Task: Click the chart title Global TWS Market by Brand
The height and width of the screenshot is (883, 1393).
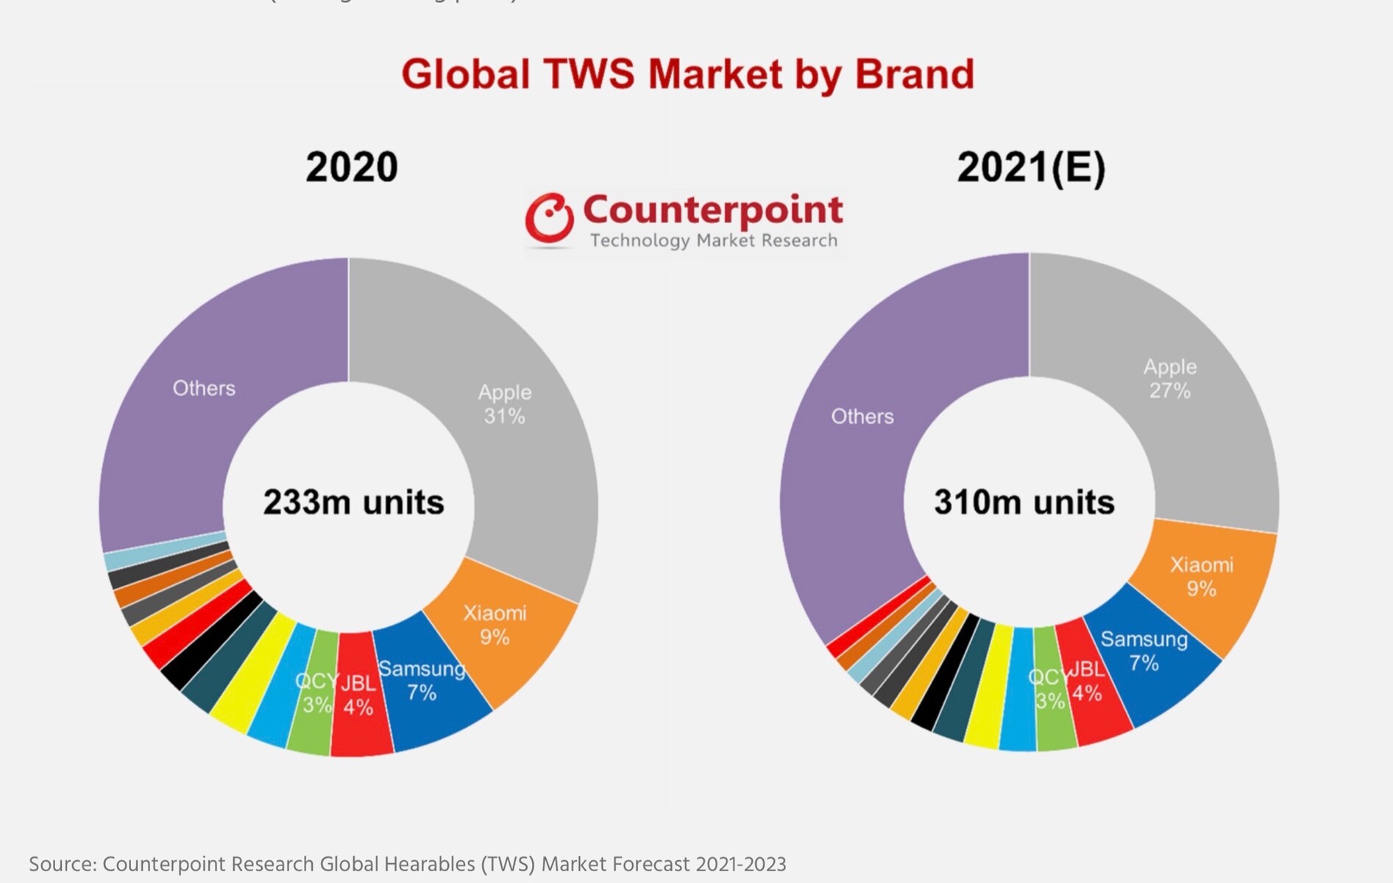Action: tap(687, 74)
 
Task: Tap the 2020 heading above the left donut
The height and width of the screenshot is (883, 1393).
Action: tap(352, 167)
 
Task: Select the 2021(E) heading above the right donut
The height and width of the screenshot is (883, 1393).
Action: tap(1031, 167)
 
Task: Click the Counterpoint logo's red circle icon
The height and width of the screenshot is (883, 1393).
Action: tap(549, 218)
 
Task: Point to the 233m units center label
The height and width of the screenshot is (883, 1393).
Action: tap(353, 503)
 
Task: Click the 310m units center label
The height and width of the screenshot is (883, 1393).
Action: tap(1024, 503)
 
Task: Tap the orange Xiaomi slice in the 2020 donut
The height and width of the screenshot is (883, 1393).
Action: tap(500, 633)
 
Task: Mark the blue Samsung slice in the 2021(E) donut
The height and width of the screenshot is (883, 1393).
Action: tap(1148, 662)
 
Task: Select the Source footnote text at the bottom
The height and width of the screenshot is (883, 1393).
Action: tap(407, 864)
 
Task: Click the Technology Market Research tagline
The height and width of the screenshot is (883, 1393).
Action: tap(714, 241)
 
